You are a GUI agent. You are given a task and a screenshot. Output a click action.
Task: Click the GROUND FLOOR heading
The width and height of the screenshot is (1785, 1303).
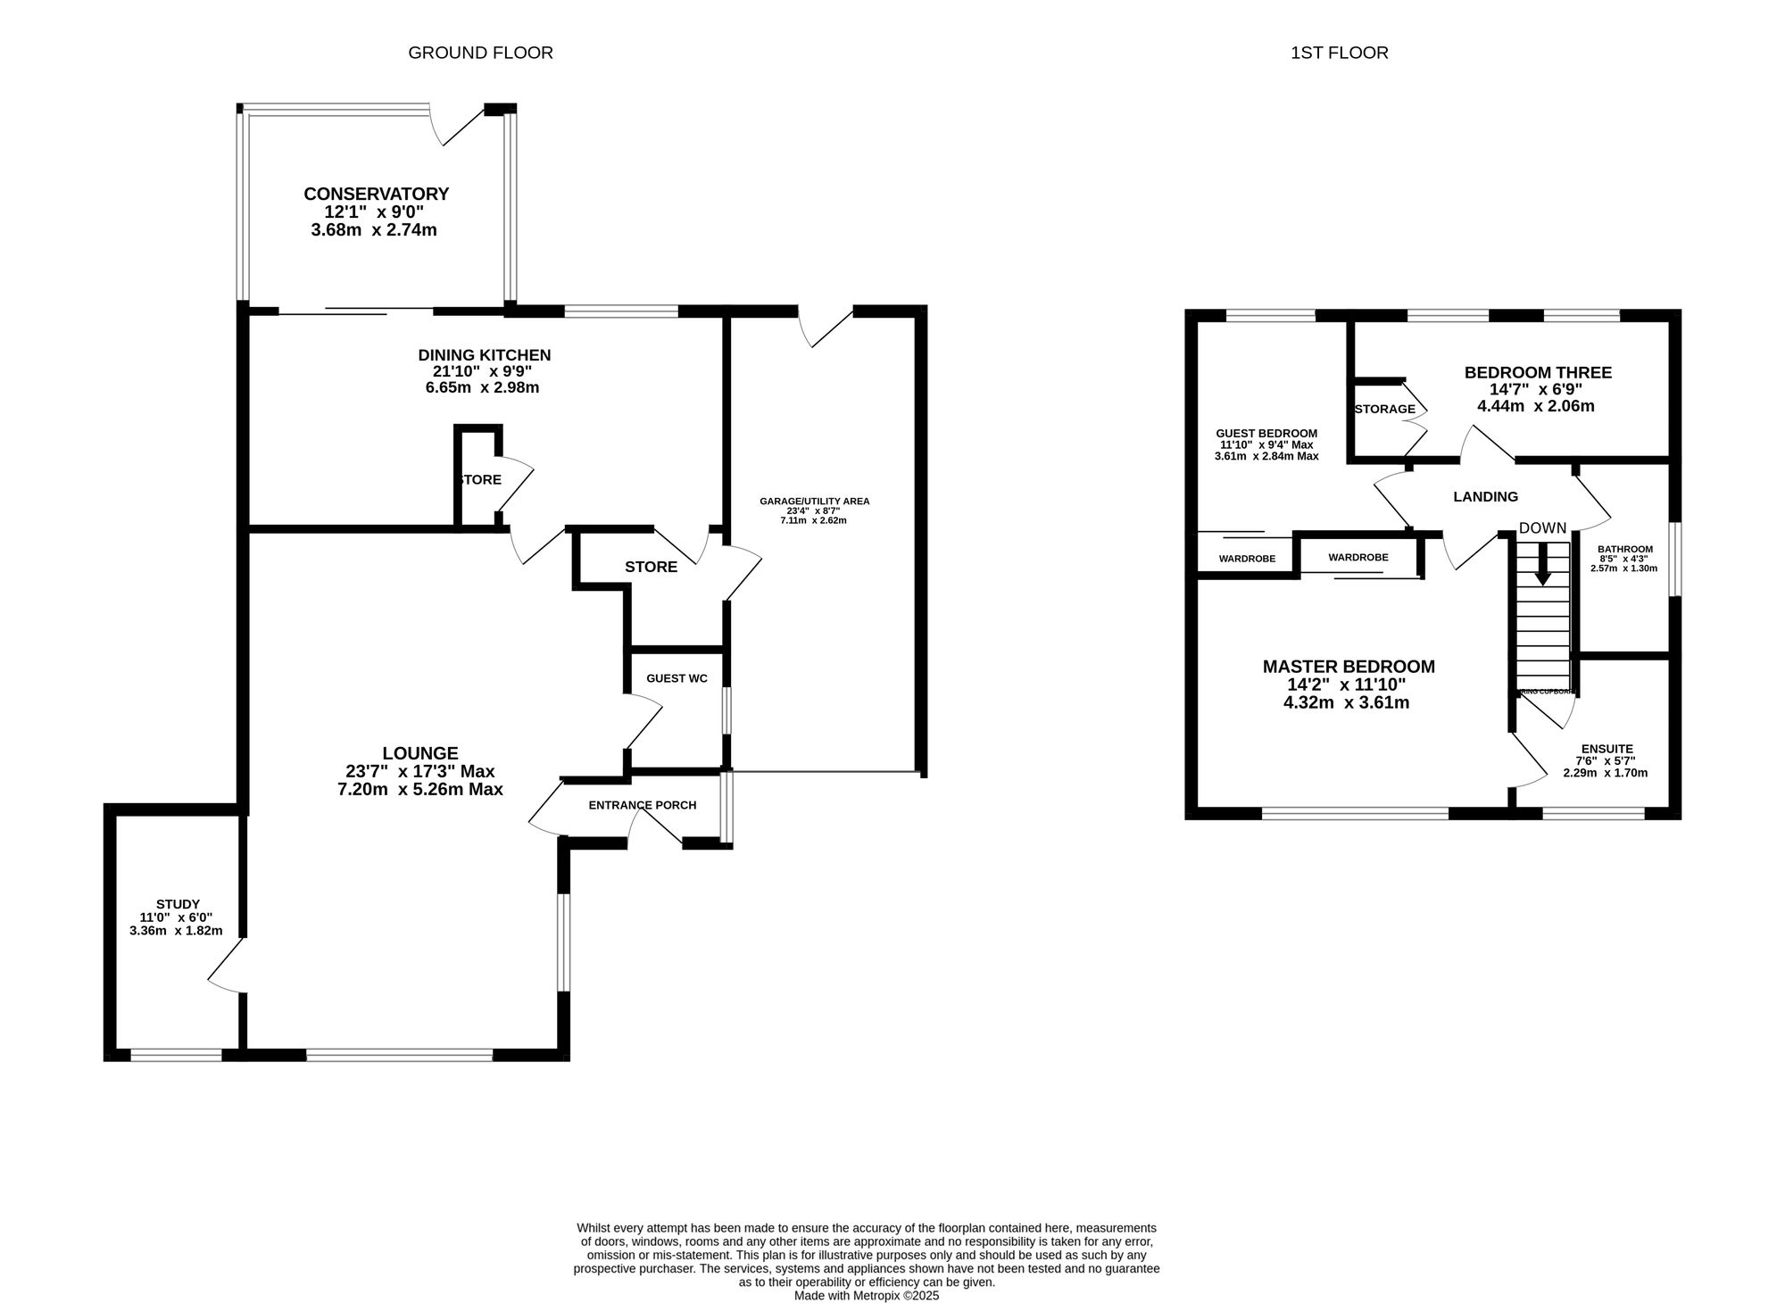pos(480,53)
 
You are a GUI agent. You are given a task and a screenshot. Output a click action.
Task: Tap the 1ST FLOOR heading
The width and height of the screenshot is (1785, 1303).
pos(1339,53)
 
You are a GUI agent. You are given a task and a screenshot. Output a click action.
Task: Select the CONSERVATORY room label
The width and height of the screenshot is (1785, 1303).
pos(376,194)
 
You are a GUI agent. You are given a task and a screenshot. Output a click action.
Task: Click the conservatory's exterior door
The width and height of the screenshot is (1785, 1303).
pos(461,128)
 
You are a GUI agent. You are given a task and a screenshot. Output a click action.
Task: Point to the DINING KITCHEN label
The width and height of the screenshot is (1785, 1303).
pos(484,355)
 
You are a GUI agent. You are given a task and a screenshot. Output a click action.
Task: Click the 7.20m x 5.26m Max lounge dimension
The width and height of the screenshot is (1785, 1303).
pos(419,790)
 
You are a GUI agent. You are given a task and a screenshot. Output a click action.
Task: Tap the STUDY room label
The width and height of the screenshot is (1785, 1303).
pos(178,904)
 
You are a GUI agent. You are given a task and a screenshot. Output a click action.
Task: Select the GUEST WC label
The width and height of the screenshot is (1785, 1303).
pos(677,678)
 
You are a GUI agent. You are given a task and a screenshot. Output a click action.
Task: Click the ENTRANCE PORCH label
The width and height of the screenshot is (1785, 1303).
pos(642,805)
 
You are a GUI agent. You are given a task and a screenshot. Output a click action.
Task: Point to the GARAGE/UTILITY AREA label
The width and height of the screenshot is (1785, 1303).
pos(814,502)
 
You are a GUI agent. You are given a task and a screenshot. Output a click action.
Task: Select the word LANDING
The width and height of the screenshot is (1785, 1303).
pos(1485,497)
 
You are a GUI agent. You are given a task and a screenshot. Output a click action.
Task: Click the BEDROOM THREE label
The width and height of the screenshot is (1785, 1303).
pos(1537,373)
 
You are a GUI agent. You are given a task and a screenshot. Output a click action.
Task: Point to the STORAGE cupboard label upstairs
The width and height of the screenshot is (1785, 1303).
pos(1384,409)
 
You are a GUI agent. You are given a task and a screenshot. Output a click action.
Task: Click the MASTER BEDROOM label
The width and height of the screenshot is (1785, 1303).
pos(1348,667)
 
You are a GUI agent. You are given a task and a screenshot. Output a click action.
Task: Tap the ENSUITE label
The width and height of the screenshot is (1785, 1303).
pos(1606,749)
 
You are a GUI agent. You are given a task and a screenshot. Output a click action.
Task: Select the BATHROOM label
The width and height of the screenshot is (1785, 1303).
pos(1624,549)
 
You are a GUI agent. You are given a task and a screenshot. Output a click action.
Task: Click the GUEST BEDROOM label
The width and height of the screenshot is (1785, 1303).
pos(1266,433)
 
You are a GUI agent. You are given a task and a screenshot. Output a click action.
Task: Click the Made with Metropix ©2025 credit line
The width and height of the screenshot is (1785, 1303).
pos(866,1295)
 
